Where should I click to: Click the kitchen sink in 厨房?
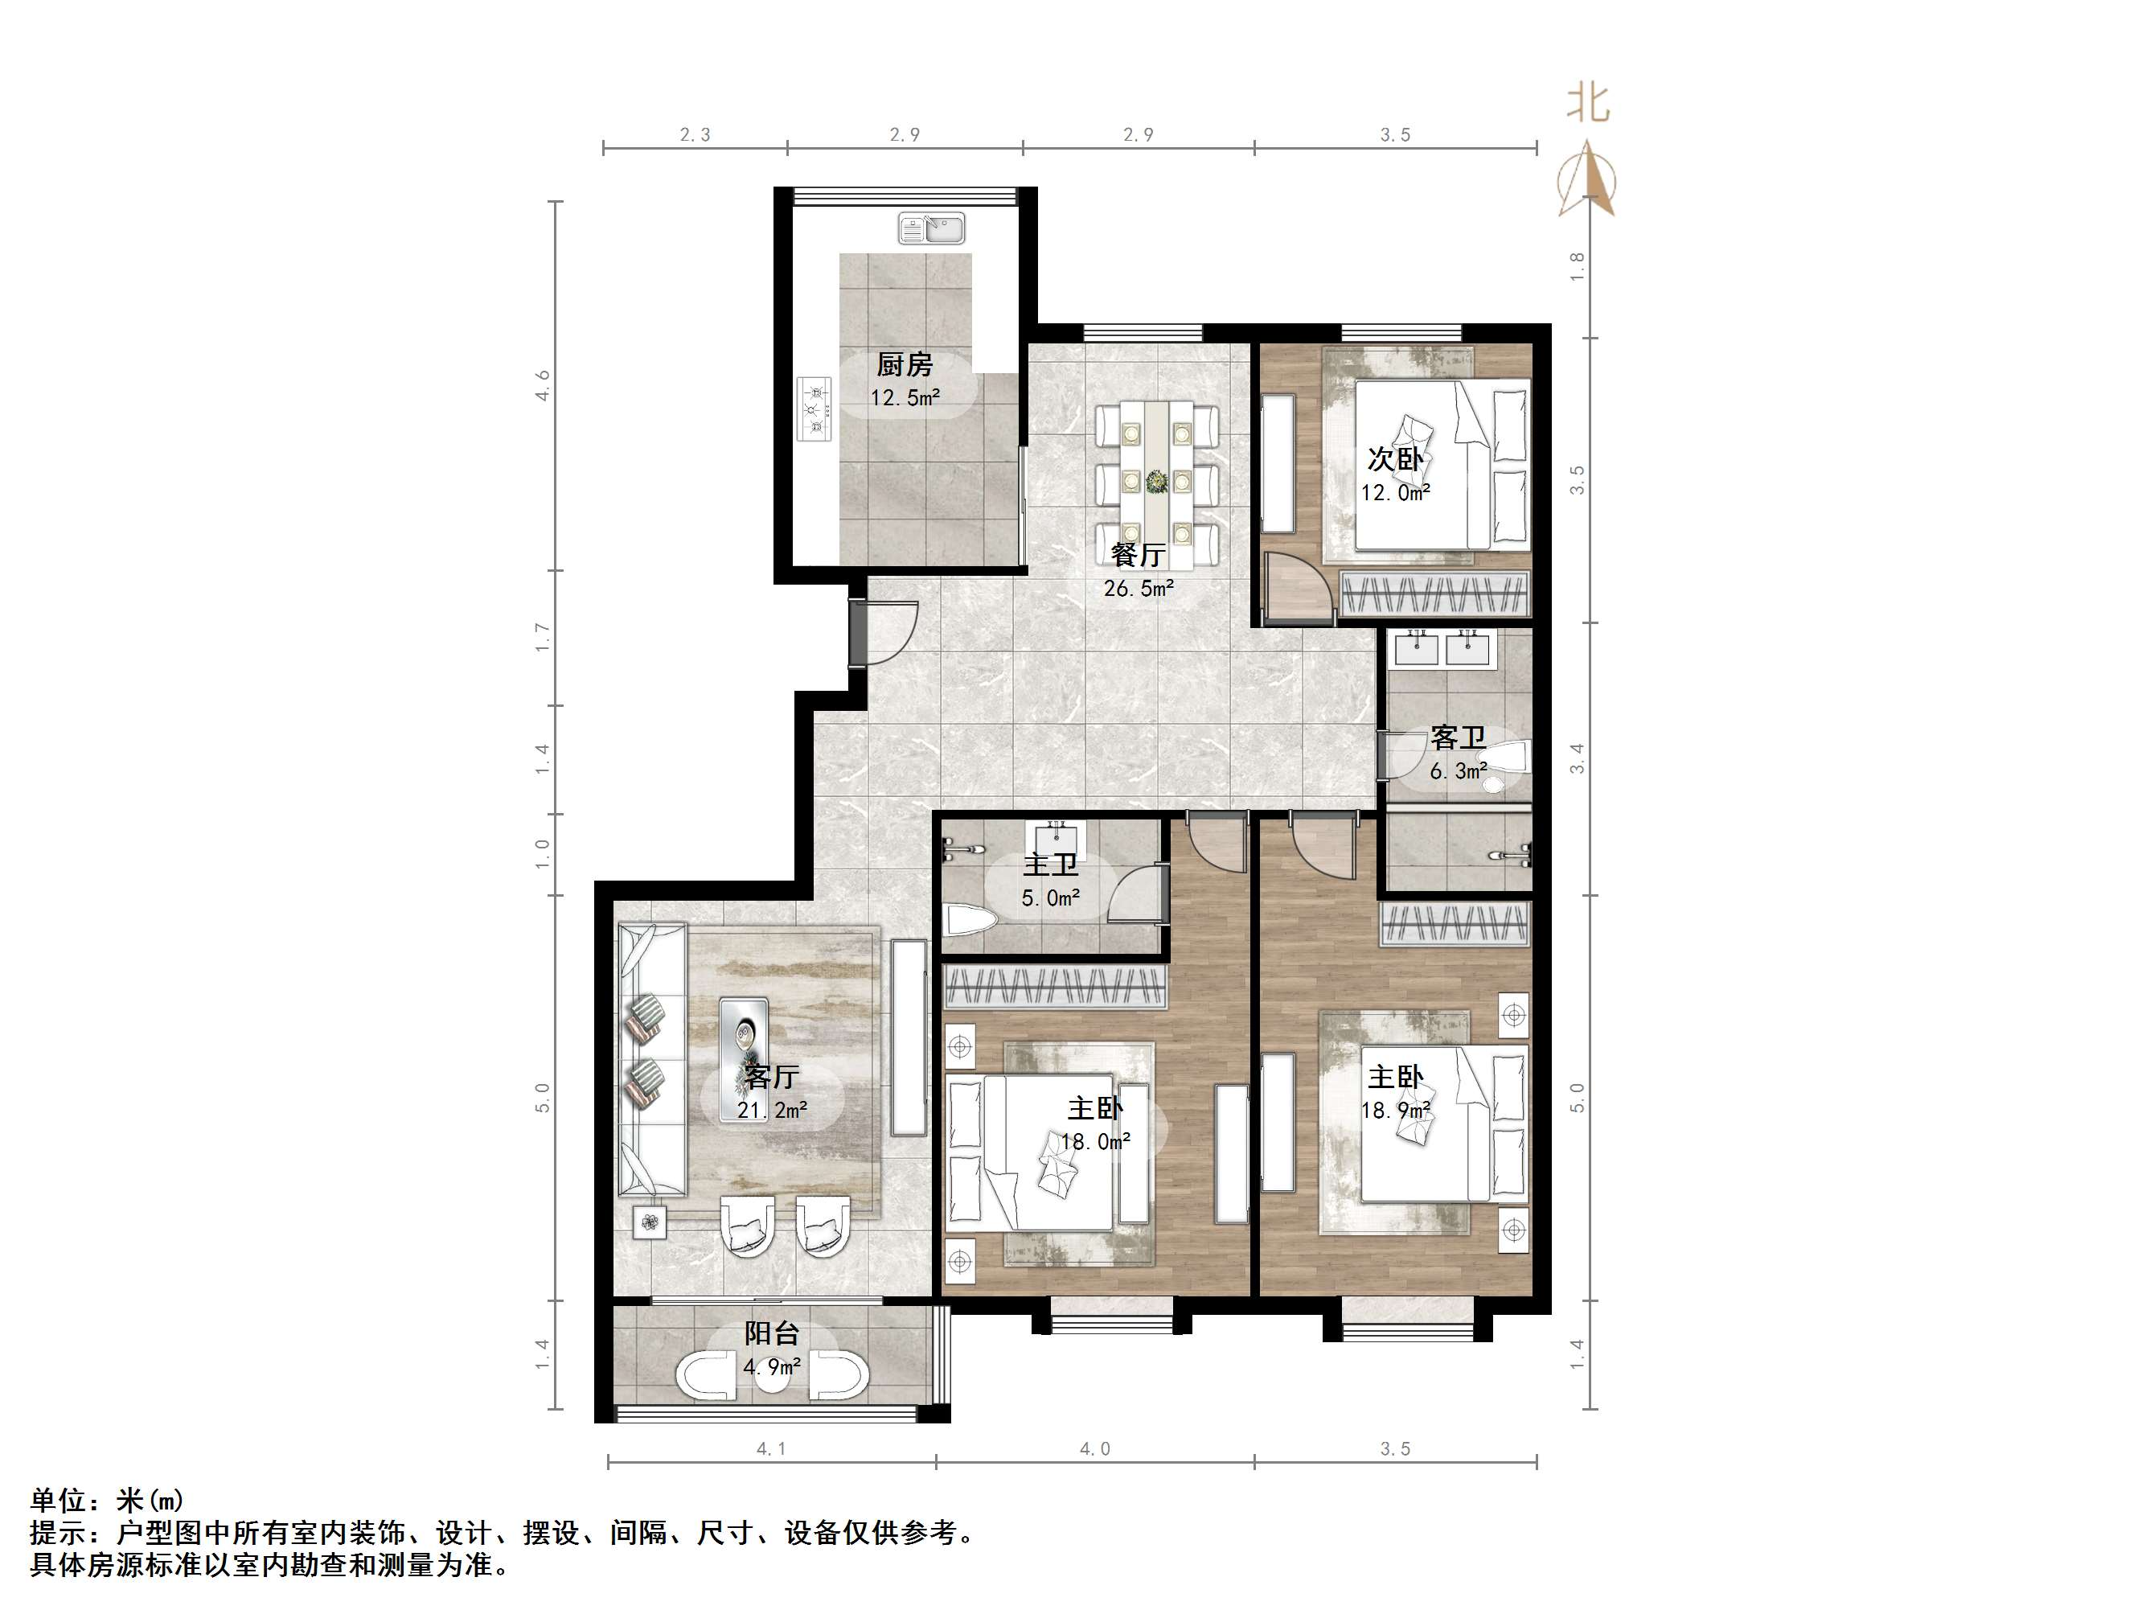(931, 229)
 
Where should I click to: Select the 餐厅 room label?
(1138, 554)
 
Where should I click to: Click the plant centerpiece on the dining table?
(1156, 479)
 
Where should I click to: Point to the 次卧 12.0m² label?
(1395, 474)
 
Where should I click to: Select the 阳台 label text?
(771, 1333)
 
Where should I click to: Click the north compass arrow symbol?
(1587, 179)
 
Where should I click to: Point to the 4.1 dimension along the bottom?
(771, 1449)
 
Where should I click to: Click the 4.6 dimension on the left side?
(544, 385)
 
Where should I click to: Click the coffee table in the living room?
(744, 1038)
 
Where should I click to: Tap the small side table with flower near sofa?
(650, 1221)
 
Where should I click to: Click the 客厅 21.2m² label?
(771, 1093)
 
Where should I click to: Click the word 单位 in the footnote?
(58, 1501)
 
